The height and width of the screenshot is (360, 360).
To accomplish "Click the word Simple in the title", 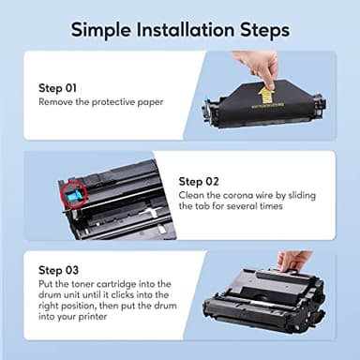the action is (101, 31).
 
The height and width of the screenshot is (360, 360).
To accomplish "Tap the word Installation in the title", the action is (186, 30).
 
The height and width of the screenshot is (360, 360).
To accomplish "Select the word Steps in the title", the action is (264, 31).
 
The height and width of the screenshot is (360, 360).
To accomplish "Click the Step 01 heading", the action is (57, 88).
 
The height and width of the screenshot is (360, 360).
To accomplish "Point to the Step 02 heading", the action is (199, 182).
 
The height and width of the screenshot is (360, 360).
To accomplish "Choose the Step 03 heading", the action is (58, 270).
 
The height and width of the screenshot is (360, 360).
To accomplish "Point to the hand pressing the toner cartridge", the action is (293, 262).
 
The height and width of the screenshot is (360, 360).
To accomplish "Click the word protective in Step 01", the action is (113, 102).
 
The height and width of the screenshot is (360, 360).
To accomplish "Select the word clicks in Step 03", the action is (125, 294).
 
